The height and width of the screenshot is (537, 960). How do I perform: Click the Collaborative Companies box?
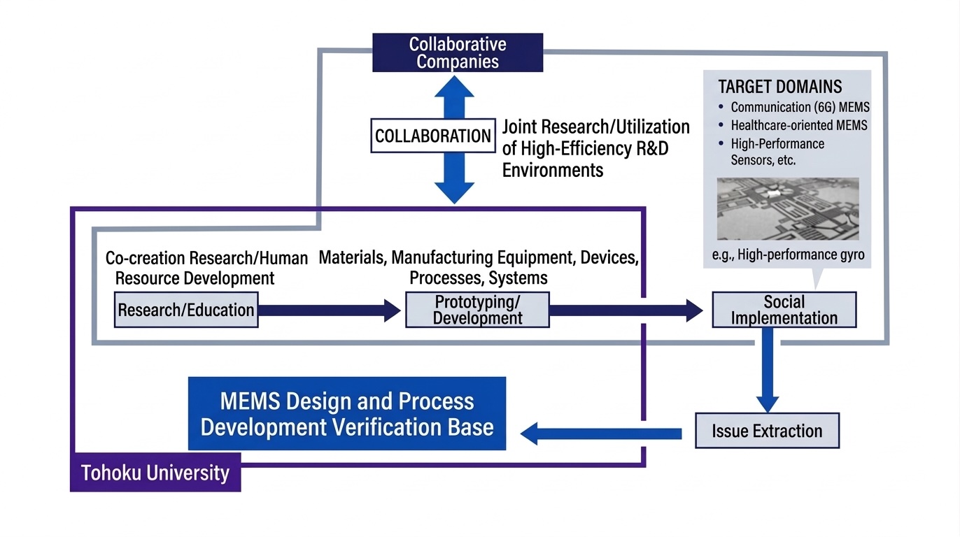(x=458, y=52)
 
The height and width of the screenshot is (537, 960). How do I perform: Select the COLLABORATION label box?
(x=433, y=136)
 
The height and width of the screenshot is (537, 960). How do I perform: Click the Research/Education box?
(x=186, y=310)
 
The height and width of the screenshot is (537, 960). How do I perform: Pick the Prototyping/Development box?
(x=477, y=310)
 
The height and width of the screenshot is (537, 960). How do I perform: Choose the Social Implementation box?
(x=784, y=310)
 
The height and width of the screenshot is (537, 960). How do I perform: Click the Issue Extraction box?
(x=767, y=431)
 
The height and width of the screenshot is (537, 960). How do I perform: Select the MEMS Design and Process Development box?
(x=346, y=413)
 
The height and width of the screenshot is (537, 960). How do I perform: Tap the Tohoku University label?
(x=155, y=473)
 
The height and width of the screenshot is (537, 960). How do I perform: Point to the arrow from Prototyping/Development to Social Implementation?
(x=626, y=310)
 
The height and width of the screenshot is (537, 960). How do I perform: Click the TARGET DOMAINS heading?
(x=779, y=87)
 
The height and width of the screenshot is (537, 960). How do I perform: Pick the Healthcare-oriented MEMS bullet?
(x=798, y=126)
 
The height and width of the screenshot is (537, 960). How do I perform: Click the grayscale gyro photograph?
(x=788, y=208)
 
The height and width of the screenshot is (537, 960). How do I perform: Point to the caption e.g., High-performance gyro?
(x=788, y=255)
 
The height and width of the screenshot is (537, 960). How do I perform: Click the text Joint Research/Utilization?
(x=596, y=127)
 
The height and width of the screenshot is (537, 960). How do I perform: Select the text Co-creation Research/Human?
(x=206, y=259)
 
